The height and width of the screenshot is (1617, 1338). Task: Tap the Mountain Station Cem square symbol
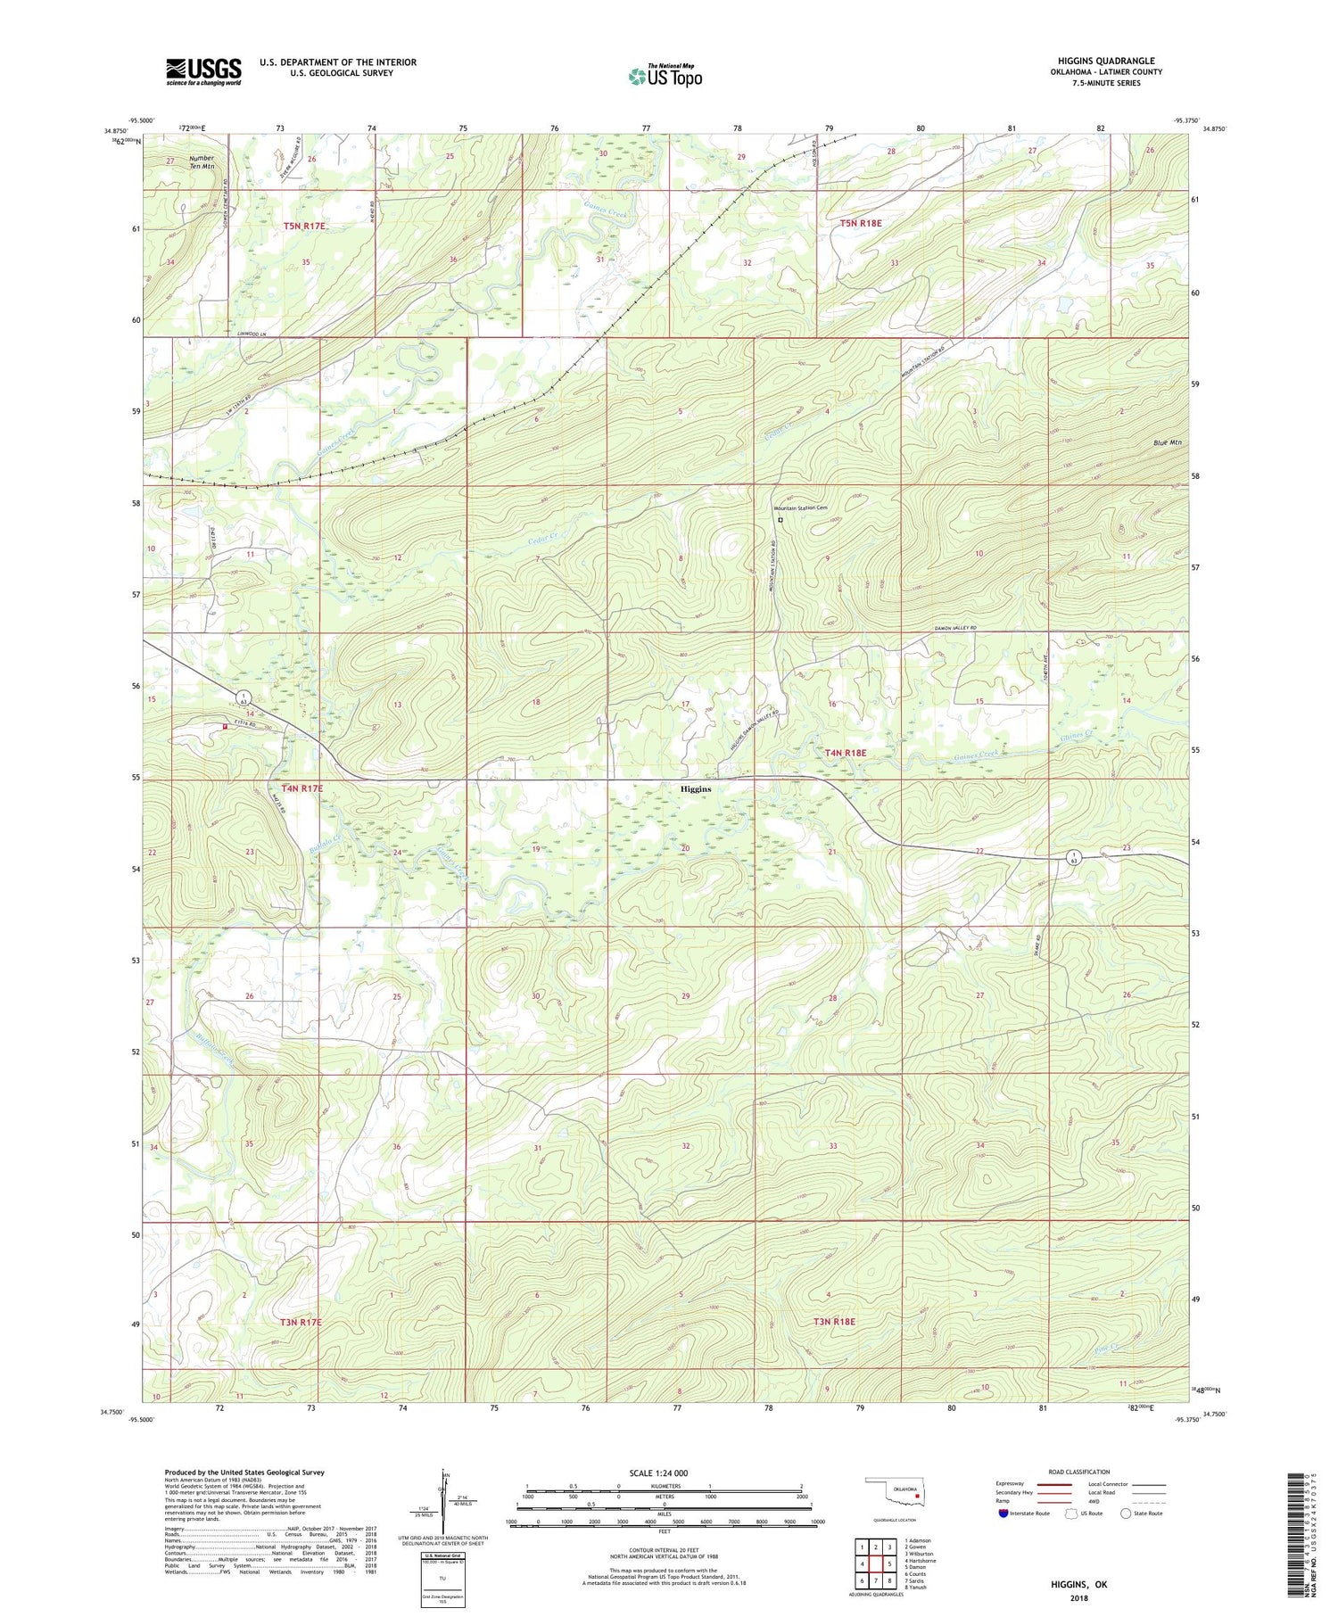pos(780,519)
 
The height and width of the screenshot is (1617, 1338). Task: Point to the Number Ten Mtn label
pos(201,162)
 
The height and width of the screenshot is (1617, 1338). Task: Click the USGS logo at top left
pos(203,71)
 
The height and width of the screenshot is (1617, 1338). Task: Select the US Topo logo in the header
pos(665,76)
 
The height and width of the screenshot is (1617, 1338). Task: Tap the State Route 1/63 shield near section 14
pos(244,697)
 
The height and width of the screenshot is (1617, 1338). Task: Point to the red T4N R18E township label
pos(845,753)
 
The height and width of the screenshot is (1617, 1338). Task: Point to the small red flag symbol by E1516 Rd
pos(225,726)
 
